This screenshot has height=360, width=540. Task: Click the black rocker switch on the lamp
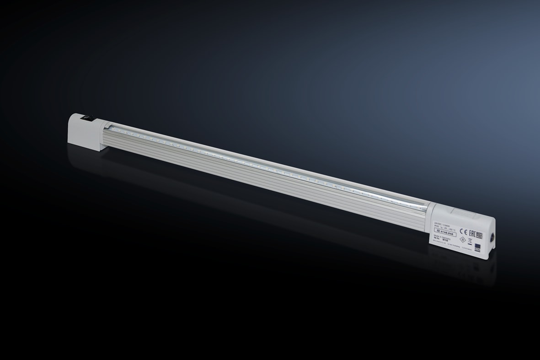pos(86,118)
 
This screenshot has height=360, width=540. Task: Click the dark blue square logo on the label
pos(478,247)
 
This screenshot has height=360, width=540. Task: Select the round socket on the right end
pos(492,238)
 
